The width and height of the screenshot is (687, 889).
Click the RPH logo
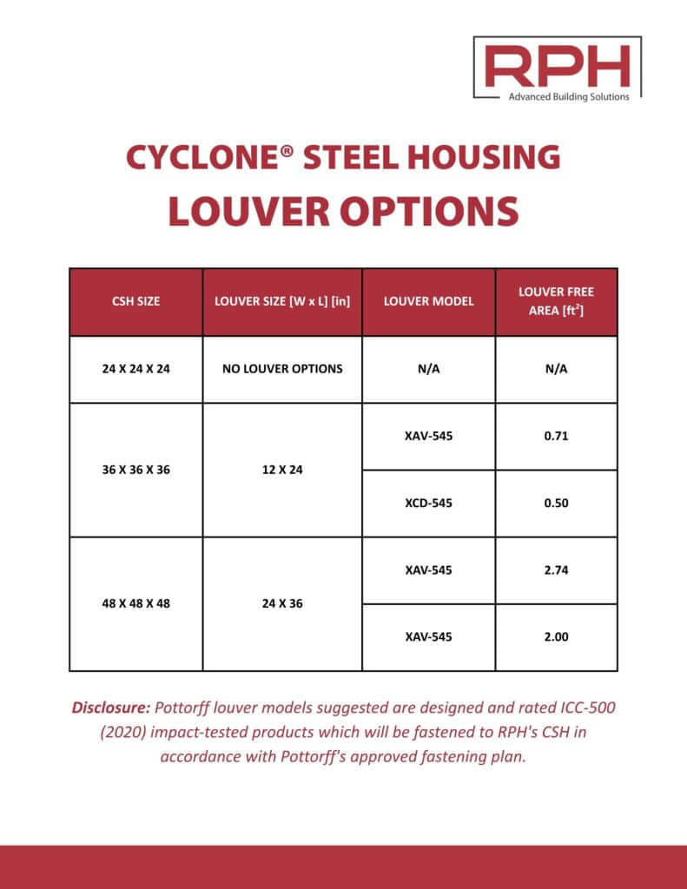pos(557,68)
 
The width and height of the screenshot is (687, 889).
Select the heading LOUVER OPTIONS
pos(343,211)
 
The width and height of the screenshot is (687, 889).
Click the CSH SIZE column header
pos(136,301)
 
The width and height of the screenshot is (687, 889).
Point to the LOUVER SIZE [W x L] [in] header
pos(282,301)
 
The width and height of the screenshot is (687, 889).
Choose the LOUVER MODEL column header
pos(428,301)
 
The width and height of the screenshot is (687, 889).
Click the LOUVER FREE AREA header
pos(556,301)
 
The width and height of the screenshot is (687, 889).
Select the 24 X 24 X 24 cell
pos(136,368)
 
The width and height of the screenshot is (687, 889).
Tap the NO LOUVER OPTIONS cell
pos(282,368)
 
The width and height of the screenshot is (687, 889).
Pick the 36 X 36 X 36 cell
pos(136,470)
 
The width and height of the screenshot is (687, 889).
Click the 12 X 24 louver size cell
pos(282,470)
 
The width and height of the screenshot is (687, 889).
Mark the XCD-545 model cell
pos(428,503)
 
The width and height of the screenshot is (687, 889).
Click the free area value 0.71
pos(556,436)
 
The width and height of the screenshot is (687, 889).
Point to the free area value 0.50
pos(556,503)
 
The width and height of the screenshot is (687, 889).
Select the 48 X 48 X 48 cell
pos(136,603)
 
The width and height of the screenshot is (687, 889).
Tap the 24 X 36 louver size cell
pos(282,603)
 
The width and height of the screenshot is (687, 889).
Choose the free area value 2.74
pos(556,570)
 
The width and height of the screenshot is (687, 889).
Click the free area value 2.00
pos(556,636)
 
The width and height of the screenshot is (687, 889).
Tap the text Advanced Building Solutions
pos(569,96)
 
